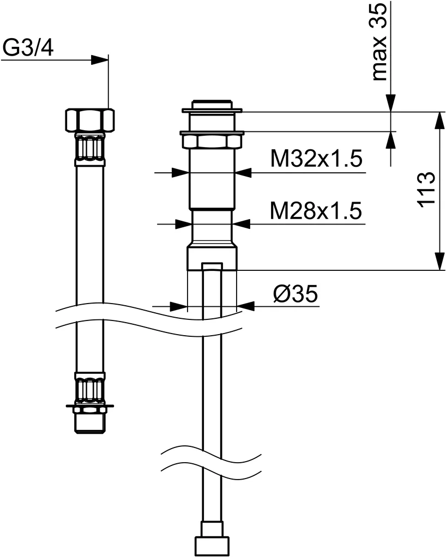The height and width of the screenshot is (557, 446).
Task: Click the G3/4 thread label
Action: pyautogui.click(x=28, y=49)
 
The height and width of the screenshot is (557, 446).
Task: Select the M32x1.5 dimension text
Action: pyautogui.click(x=316, y=159)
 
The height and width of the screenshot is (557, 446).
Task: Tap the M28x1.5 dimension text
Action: pyautogui.click(x=316, y=211)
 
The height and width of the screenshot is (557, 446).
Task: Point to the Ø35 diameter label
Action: pyautogui.click(x=296, y=294)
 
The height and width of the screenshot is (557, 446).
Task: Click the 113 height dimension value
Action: pyautogui.click(x=426, y=189)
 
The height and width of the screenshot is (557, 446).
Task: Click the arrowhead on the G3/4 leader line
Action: pyautogui.click(x=100, y=60)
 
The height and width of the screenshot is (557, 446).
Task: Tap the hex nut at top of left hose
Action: pyautogui.click(x=90, y=120)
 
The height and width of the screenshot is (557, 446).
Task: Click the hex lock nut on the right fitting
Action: pyautogui.click(x=212, y=140)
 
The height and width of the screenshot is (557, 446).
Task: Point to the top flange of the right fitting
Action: pyautogui.click(x=212, y=111)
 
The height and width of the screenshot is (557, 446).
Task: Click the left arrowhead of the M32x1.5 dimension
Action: pyautogui.click(x=180, y=173)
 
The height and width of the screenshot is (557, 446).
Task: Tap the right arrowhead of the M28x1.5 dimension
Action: pyautogui.click(x=242, y=224)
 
